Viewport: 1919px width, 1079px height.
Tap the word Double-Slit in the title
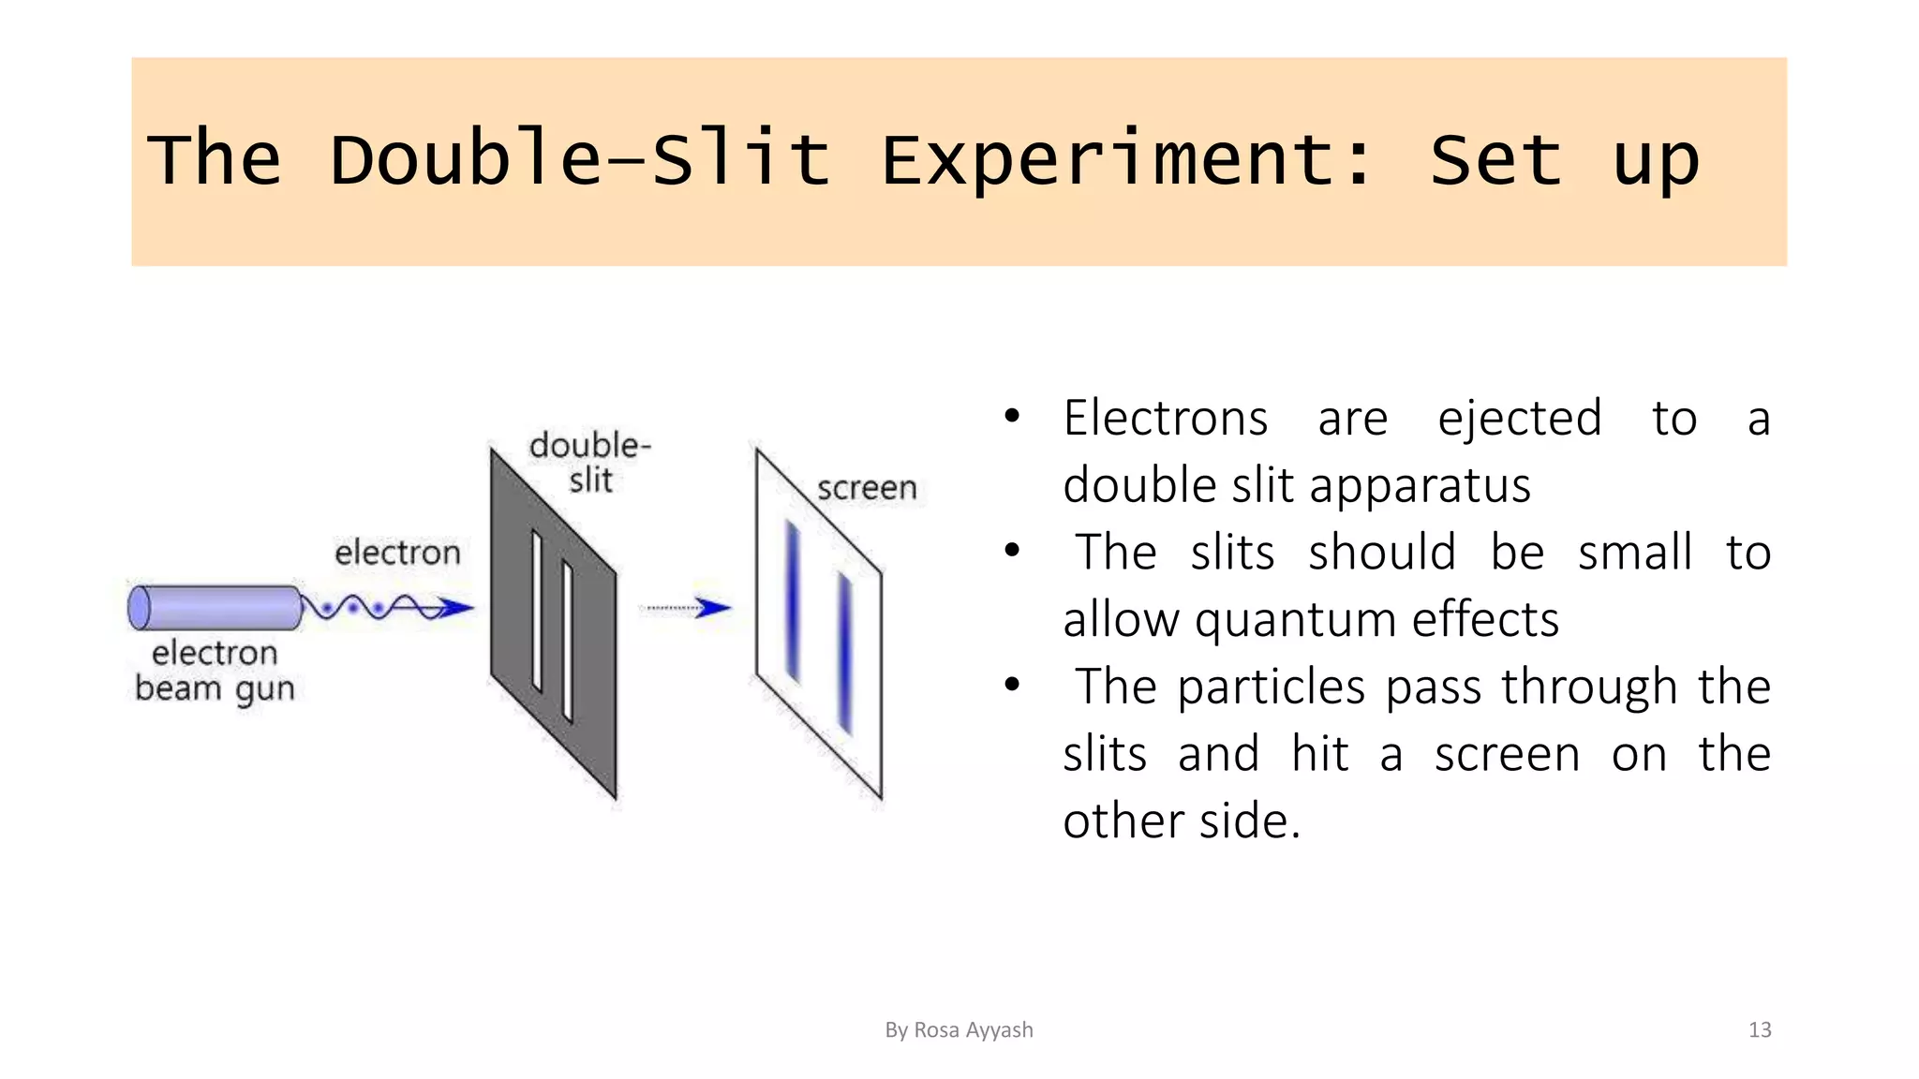click(580, 159)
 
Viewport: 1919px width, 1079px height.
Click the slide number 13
click(1759, 1030)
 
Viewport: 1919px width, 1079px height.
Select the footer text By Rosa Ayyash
click(959, 1030)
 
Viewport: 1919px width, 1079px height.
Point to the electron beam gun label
click(215, 671)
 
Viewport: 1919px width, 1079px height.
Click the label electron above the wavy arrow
click(397, 553)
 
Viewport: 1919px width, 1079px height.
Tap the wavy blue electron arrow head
click(456, 609)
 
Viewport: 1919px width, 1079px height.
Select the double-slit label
click(589, 462)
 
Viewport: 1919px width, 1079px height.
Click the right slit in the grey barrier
click(568, 643)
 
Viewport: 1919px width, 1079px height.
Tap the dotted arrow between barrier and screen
click(688, 609)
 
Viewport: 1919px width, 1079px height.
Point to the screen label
click(866, 488)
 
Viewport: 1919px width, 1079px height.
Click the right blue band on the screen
click(845, 654)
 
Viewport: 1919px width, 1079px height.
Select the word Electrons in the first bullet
click(1165, 418)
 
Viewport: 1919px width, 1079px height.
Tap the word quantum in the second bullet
click(1295, 620)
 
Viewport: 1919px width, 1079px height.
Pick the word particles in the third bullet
click(1271, 687)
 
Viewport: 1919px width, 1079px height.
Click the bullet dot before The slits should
click(1011, 551)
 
